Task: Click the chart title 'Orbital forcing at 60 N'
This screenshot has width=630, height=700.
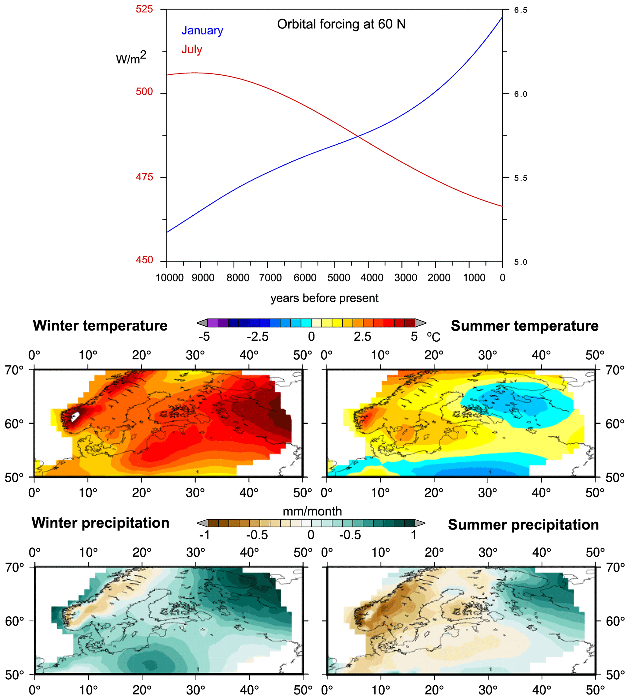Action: (x=341, y=24)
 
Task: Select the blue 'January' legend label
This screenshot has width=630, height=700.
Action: (x=202, y=31)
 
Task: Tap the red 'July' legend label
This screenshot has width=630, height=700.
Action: (x=192, y=49)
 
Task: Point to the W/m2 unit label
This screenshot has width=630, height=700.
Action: (x=131, y=58)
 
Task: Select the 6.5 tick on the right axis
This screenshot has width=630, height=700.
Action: (x=520, y=10)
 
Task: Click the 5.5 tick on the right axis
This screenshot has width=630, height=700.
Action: (x=520, y=178)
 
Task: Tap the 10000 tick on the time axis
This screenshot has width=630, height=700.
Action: (x=169, y=278)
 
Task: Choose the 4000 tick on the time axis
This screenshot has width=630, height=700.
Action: (x=372, y=278)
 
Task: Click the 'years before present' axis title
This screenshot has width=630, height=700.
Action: (x=324, y=298)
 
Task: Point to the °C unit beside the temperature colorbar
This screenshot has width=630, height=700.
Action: (x=433, y=337)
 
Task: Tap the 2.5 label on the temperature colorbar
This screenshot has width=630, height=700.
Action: (x=362, y=337)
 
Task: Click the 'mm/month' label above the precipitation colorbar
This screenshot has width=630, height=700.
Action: (x=312, y=512)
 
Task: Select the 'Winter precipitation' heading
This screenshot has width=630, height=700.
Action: (x=100, y=523)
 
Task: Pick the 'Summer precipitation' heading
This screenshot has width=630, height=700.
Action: (x=523, y=525)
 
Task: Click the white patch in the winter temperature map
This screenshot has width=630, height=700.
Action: (x=75, y=416)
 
